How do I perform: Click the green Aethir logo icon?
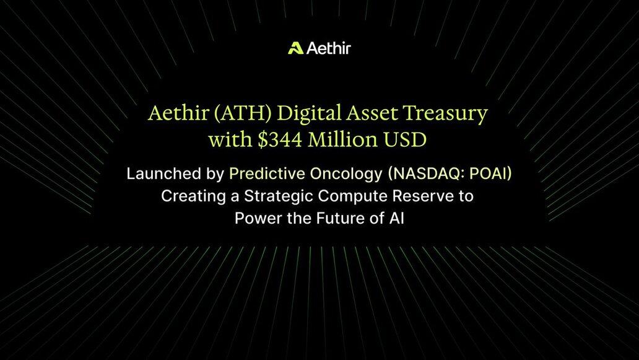(295, 48)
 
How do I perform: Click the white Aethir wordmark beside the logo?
(328, 48)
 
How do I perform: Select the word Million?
(343, 139)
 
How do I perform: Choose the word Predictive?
(267, 173)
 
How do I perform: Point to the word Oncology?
(346, 174)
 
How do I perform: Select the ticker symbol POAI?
(487, 173)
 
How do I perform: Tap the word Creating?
(194, 196)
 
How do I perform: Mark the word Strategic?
(279, 196)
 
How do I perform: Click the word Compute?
(353, 196)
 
